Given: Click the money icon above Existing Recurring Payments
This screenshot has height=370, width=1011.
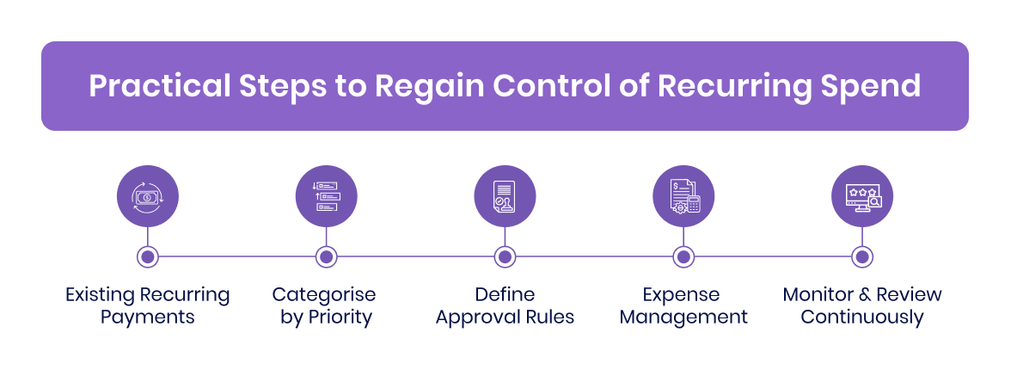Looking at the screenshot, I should [148, 196].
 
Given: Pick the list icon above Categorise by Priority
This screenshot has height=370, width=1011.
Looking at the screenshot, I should [326, 196].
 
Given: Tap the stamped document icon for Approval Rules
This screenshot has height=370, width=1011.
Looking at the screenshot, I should [505, 196].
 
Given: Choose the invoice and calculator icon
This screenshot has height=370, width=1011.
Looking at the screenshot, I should [683, 196].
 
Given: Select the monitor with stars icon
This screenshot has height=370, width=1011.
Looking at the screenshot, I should [862, 196].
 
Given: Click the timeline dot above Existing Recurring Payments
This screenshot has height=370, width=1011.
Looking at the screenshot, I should [148, 256].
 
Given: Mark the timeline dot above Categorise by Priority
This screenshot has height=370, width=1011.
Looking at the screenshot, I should [326, 256].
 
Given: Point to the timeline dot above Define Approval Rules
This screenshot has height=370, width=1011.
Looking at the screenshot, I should [505, 256].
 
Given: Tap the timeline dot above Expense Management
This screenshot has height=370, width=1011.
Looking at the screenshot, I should [683, 256].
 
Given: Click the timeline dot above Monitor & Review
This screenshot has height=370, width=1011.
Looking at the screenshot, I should [862, 256].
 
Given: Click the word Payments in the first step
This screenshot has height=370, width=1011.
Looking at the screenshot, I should [148, 317].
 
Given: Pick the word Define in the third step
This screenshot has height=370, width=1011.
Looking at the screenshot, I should [505, 295].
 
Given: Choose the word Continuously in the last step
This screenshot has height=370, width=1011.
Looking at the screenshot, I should [862, 317].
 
